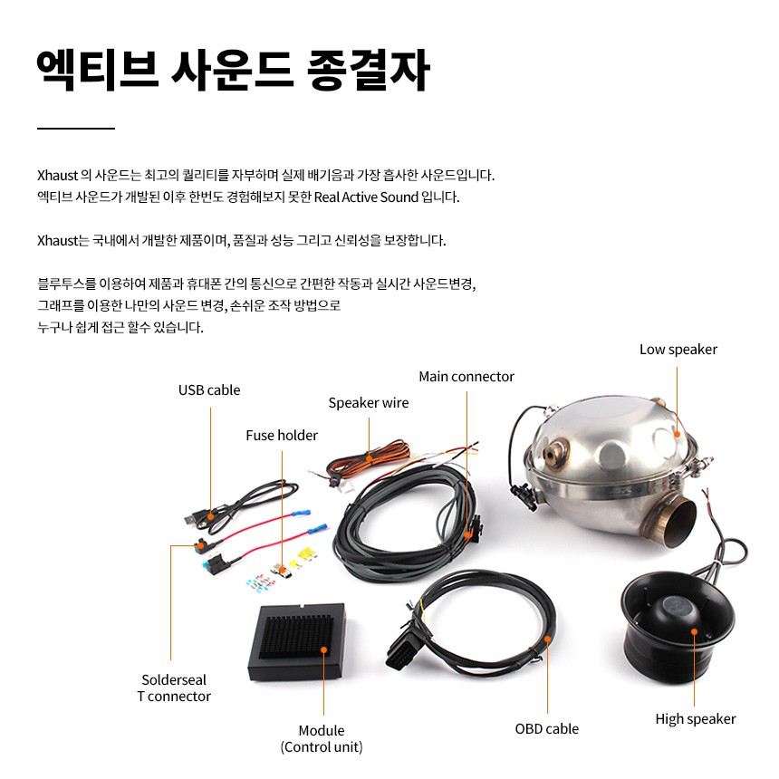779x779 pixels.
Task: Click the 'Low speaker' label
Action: pos(678,350)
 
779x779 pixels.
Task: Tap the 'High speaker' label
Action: pos(695,719)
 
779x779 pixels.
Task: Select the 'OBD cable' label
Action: pos(546,728)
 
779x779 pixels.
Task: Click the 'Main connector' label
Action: pos(466,377)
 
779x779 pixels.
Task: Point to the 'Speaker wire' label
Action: pos(368,403)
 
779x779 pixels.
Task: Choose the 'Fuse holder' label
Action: pos(282,436)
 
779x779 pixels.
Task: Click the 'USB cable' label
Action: pos(209,390)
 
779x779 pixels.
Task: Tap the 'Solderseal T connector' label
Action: pos(173,688)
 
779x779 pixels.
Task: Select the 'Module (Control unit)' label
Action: pos(321,738)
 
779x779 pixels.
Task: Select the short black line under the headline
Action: pos(76,129)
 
